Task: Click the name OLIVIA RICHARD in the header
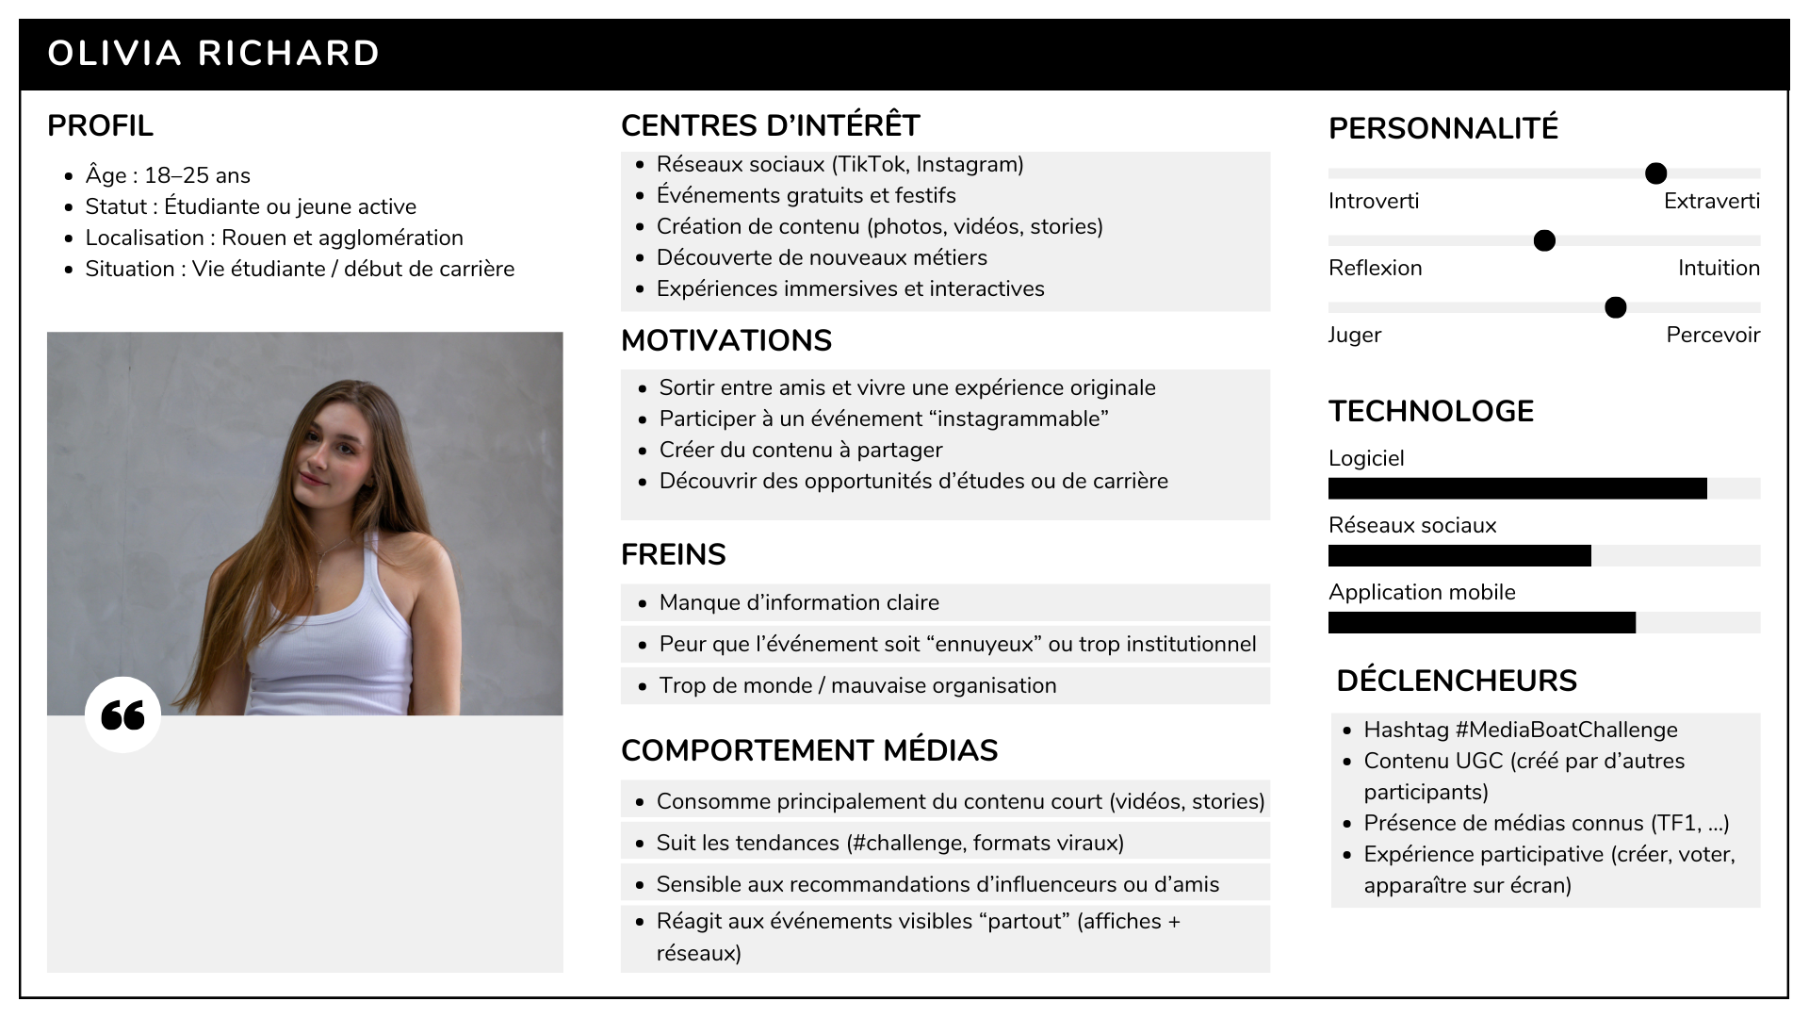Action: coord(213,53)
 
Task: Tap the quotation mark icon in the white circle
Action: coord(122,714)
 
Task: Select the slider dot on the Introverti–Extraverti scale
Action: coord(1655,173)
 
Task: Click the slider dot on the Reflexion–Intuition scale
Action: coord(1544,240)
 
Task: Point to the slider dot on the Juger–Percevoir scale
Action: coord(1615,307)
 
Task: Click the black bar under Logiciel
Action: coord(1517,488)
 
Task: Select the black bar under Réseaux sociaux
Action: coord(1459,555)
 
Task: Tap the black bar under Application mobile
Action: coord(1481,622)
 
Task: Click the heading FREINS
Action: coord(673,554)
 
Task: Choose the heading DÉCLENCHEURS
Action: coord(1456,681)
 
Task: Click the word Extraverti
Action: coord(1711,201)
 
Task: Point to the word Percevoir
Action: coord(1712,335)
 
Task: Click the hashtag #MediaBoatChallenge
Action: coord(1566,730)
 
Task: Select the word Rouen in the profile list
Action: coord(252,238)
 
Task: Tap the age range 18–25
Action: coord(176,175)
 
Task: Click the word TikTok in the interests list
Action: coord(872,164)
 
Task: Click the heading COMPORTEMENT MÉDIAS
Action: coord(808,750)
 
